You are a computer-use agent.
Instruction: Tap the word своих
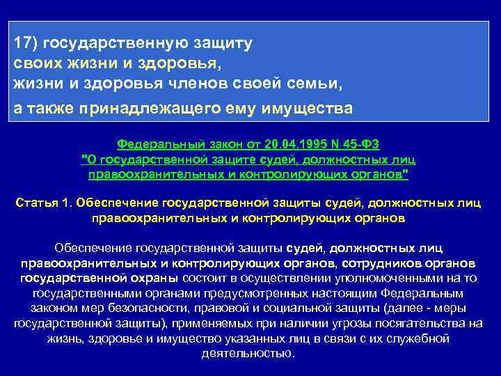(35, 64)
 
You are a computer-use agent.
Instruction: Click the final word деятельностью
(248, 352)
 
